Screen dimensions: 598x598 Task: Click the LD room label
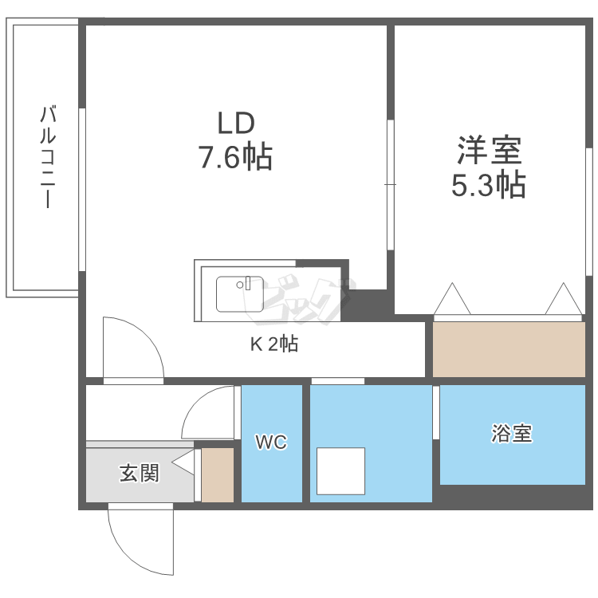pos(236,123)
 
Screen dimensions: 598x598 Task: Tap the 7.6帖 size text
pos(235,156)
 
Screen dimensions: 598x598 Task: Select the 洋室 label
pos(490,150)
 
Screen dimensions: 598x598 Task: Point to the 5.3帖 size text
pos(489,185)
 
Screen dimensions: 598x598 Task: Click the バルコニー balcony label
pos(48,157)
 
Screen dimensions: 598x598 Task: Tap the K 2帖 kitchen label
pos(274,344)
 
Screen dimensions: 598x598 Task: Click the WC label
pos(271,442)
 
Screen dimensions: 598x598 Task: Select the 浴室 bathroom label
pos(511,434)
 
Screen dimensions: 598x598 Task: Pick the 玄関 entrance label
pos(140,474)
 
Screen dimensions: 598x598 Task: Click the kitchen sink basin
pos(239,294)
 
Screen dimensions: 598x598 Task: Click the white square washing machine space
pos(340,471)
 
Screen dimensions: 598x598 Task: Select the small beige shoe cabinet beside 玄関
pos(218,475)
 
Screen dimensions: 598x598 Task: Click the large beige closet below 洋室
pos(509,349)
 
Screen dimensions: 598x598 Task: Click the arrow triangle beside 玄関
pos(183,462)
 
